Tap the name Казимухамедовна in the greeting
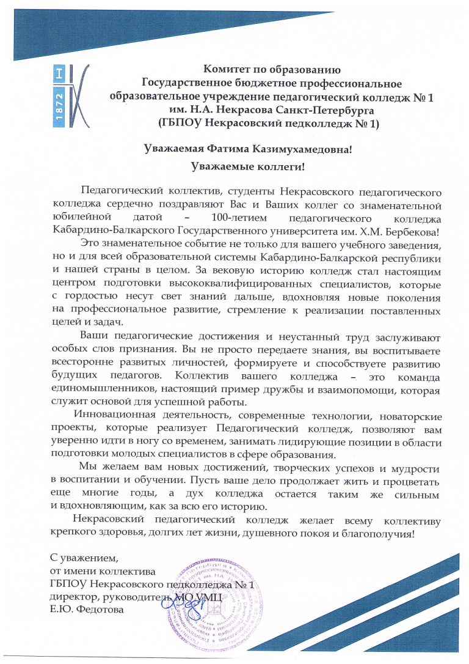[298, 148]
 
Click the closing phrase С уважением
[84, 558]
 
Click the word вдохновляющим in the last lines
[106, 507]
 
